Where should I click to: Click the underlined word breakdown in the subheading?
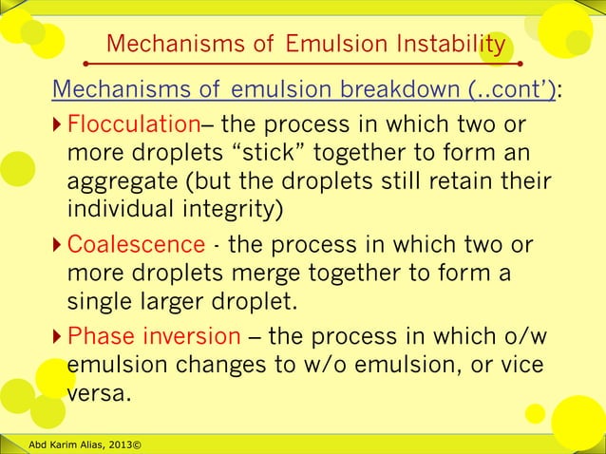point(398,90)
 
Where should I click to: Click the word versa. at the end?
point(98,392)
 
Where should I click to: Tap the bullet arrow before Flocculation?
point(57,126)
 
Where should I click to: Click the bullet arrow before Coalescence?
point(57,246)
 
